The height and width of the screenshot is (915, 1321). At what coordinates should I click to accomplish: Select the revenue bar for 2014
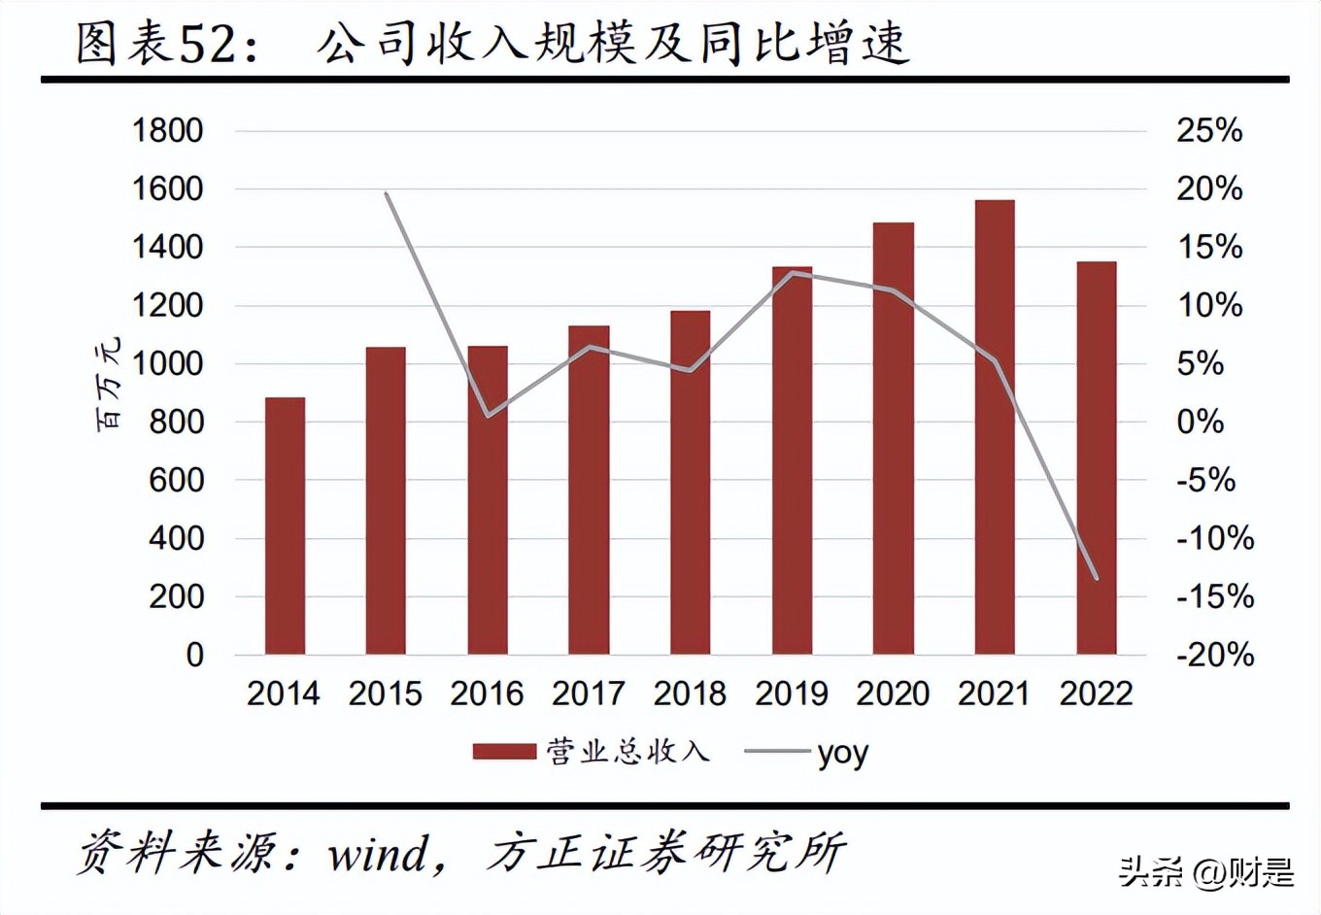click(x=285, y=525)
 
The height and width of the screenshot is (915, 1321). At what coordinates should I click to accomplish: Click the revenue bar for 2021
click(x=995, y=427)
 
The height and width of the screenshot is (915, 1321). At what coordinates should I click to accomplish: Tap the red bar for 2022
click(x=1096, y=457)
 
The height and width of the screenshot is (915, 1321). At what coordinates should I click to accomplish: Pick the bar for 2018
click(x=690, y=483)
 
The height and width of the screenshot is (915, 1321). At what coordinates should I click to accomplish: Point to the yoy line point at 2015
click(x=387, y=193)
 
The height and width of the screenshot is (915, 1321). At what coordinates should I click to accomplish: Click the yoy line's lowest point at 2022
click(x=1097, y=578)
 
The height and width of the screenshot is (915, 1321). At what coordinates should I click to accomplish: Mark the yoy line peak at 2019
click(x=793, y=273)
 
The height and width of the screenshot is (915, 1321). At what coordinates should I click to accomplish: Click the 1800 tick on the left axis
click(x=167, y=130)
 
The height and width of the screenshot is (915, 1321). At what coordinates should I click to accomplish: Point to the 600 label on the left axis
click(x=176, y=480)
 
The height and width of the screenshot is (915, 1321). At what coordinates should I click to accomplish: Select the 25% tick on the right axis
click(x=1209, y=130)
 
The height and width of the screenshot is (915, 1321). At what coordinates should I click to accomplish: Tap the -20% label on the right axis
click(x=1214, y=655)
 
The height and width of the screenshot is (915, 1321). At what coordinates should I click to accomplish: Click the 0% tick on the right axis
click(x=1200, y=422)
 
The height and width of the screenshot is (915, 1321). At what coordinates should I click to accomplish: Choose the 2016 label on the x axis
click(x=487, y=694)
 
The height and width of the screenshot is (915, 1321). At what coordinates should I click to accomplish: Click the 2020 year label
click(x=893, y=694)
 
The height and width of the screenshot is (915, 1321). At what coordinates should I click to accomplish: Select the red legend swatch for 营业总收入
click(x=504, y=752)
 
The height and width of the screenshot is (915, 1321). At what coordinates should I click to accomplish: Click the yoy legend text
click(x=842, y=753)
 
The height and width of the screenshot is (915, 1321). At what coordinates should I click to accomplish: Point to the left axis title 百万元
click(x=109, y=384)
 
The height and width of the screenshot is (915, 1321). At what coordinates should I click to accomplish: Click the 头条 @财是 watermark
click(x=1206, y=871)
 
